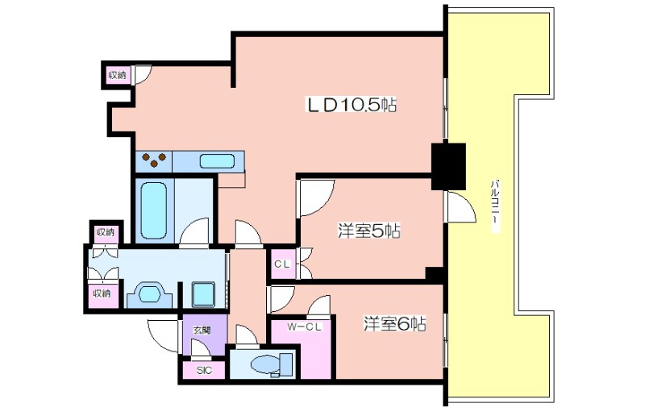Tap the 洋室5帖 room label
369,231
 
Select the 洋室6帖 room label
394,324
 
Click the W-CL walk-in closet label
305,327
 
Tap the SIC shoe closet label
204,370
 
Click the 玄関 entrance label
202,330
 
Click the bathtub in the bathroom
153,210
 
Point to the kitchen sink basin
217,161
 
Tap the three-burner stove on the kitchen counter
154,160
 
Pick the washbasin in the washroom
149,294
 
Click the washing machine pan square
204,293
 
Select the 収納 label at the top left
117,75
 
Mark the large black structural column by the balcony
448,167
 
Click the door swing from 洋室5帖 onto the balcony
461,207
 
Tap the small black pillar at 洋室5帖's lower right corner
434,274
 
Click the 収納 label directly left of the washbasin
102,293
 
